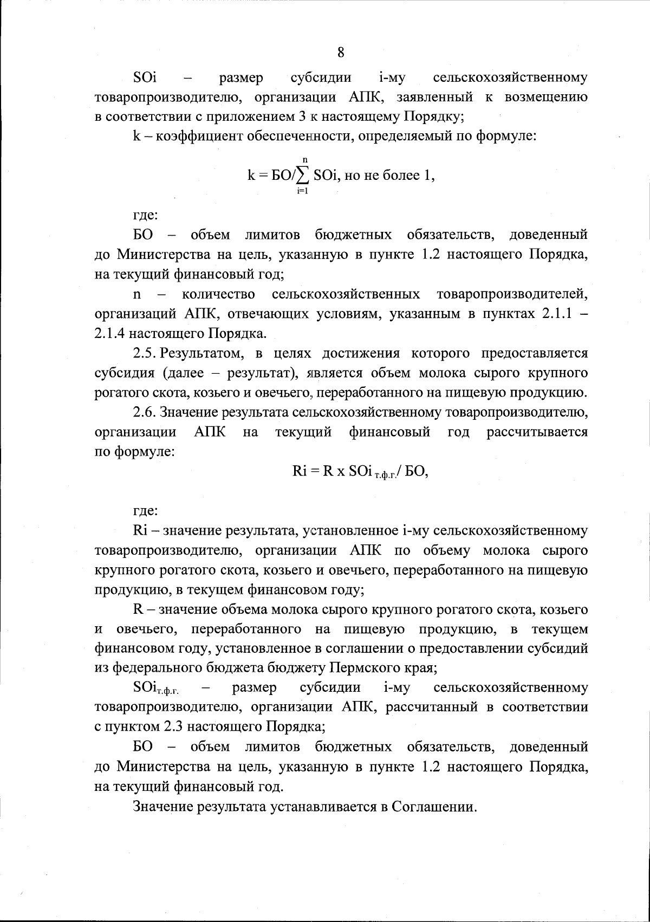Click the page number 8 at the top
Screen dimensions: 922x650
341,53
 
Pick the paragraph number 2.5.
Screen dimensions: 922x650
145,354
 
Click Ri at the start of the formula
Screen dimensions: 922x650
300,471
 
